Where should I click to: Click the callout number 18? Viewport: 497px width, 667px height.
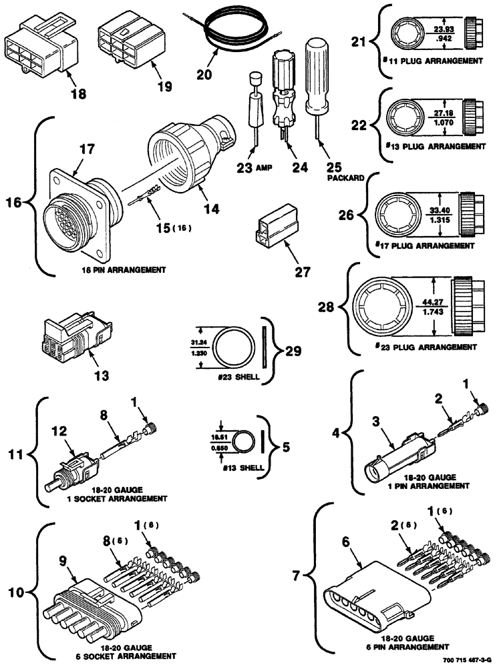[x=79, y=94]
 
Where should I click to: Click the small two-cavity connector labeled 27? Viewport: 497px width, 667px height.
[x=275, y=225]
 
